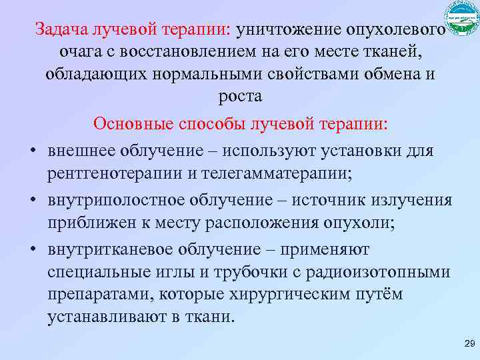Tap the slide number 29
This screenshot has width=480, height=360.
[x=467, y=343]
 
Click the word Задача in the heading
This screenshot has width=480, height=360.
[x=59, y=30]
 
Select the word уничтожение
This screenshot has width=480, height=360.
[x=287, y=30]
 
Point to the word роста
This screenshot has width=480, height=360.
[x=240, y=96]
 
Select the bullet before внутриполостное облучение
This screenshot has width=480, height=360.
[x=31, y=201]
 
